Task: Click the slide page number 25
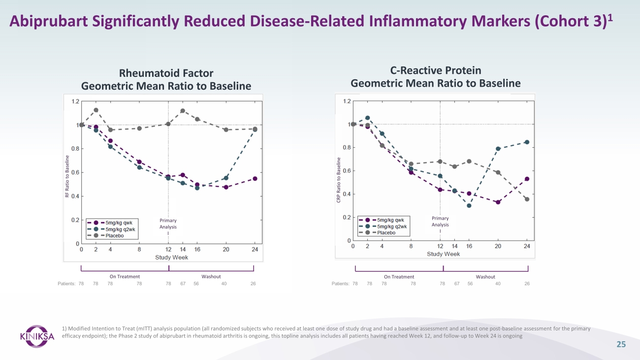[x=621, y=345]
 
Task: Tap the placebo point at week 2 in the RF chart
[x=96, y=110]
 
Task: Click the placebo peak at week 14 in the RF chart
[x=183, y=111]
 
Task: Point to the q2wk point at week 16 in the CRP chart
[x=469, y=206]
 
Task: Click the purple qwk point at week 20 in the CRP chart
[x=498, y=202]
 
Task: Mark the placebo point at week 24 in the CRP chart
[x=527, y=199]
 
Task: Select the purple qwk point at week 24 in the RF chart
[x=255, y=179]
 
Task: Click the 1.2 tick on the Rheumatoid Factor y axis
[x=75, y=101]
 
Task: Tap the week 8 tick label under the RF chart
[x=139, y=250]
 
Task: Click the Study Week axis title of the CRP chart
[x=443, y=254]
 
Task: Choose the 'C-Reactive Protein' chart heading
[x=435, y=70]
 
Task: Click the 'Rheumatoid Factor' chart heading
[x=166, y=73]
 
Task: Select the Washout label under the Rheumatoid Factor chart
[x=211, y=277]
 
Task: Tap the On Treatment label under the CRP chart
[x=399, y=277]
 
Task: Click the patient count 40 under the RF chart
[x=224, y=284]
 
